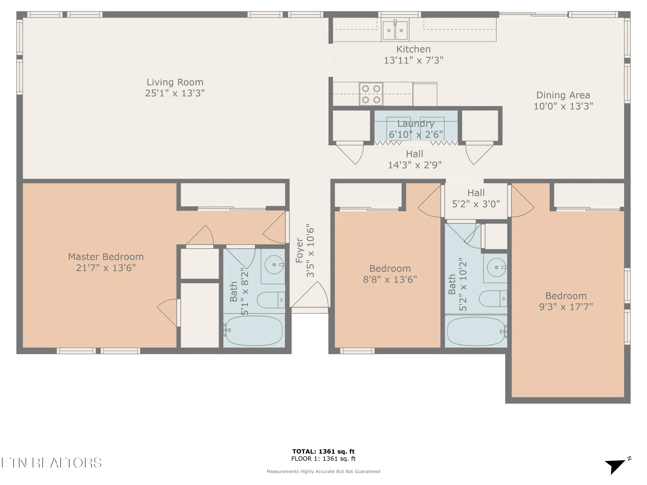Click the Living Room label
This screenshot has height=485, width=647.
[175, 82]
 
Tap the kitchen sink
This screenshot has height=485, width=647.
[395, 29]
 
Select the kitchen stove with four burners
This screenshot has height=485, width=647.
[371, 94]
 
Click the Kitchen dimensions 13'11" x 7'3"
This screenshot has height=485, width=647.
[413, 60]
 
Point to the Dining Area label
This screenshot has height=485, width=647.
[563, 95]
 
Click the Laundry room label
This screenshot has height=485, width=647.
[416, 124]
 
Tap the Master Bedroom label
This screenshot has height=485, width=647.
[106, 257]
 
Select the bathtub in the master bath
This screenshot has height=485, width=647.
[254, 330]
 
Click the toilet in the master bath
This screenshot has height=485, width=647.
[271, 300]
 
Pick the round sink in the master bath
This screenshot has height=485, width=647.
[274, 264]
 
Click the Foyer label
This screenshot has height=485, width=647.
[300, 251]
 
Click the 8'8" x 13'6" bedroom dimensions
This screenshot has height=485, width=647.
[390, 279]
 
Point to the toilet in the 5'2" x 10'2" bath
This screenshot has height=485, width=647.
[493, 298]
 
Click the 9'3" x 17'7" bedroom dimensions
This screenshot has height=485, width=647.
[566, 307]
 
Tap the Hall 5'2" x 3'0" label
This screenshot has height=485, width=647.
[476, 198]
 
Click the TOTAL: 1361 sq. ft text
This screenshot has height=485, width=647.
[323, 451]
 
